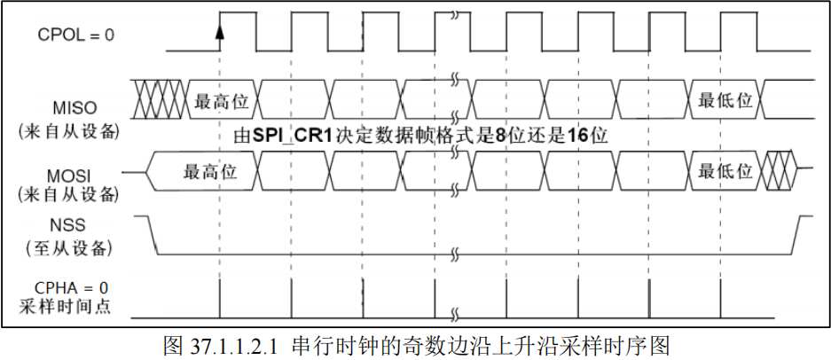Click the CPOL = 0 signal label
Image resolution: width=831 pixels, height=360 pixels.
pos(76,35)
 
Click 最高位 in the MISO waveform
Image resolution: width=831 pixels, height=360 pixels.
pos(220,100)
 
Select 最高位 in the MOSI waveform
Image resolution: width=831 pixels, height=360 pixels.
pos(209,171)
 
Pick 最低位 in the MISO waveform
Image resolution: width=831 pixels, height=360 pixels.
pos(725,100)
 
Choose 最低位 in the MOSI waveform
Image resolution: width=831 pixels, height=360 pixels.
pos(725,171)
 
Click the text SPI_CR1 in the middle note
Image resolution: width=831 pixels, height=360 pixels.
pos(286,137)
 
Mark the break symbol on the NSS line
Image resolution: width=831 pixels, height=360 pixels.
pos(455,254)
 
